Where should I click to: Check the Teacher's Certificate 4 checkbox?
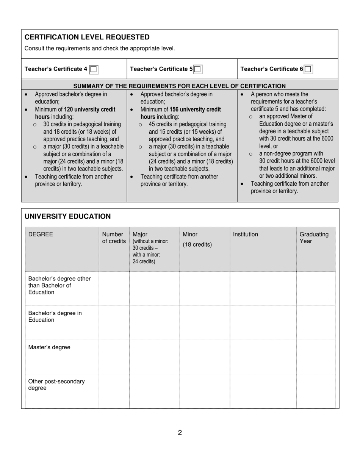94,69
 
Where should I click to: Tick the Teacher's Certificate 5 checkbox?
197,69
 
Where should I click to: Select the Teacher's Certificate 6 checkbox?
308,69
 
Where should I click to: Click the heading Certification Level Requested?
87,37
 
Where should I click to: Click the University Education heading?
67,216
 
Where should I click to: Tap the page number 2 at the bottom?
180,433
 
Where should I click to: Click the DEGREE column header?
41,235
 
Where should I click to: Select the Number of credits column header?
114,238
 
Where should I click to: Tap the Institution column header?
245,235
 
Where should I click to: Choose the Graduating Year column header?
314,238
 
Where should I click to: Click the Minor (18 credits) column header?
197,239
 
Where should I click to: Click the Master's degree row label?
49,347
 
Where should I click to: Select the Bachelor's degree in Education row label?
55,316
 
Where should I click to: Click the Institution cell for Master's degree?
263,357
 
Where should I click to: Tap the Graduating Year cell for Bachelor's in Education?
315,323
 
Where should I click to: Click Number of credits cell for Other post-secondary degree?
114,391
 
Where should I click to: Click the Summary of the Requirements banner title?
179,86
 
